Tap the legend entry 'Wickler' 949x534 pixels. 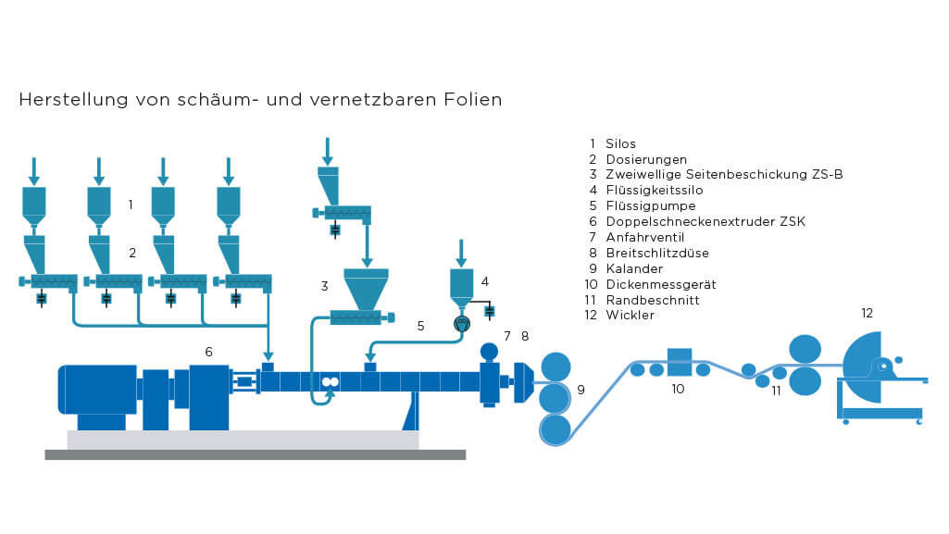click(630, 316)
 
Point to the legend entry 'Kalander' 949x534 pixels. click(634, 268)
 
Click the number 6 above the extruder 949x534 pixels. click(209, 352)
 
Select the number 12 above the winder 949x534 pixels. click(867, 314)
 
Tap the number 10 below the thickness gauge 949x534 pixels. click(678, 390)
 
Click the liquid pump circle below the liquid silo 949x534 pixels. click(463, 323)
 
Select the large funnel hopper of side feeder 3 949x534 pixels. click(366, 287)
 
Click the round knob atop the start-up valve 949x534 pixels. click(490, 352)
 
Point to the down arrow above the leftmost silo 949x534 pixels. click(34, 170)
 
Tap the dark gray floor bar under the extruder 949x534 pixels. click(255, 454)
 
